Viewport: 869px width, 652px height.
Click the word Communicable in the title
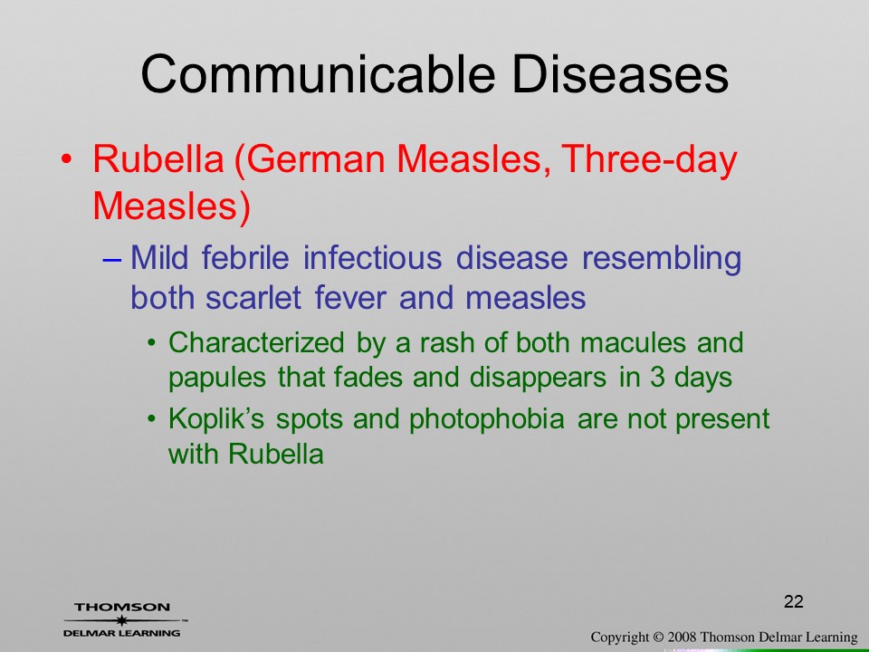pos(318,73)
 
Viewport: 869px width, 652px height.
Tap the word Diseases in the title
pos(619,73)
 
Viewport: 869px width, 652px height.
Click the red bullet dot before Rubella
pos(66,159)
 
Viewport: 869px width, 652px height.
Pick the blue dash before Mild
pos(112,260)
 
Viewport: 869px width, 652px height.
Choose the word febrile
pos(245,258)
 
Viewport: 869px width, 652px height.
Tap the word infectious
pos(372,258)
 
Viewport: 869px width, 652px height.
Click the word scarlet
pos(253,298)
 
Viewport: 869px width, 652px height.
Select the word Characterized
pos(256,342)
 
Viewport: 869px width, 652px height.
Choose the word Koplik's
pos(216,419)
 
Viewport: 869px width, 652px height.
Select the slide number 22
pos(794,601)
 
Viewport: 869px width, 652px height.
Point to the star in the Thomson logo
pos(122,620)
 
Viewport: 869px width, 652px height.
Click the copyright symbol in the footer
pos(658,638)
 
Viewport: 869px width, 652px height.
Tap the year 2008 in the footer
pos(682,638)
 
